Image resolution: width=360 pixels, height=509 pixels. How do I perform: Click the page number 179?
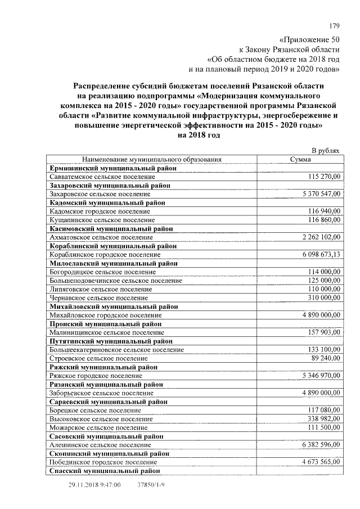(x=334, y=25)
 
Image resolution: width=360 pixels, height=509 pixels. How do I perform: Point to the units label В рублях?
(x=326, y=151)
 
